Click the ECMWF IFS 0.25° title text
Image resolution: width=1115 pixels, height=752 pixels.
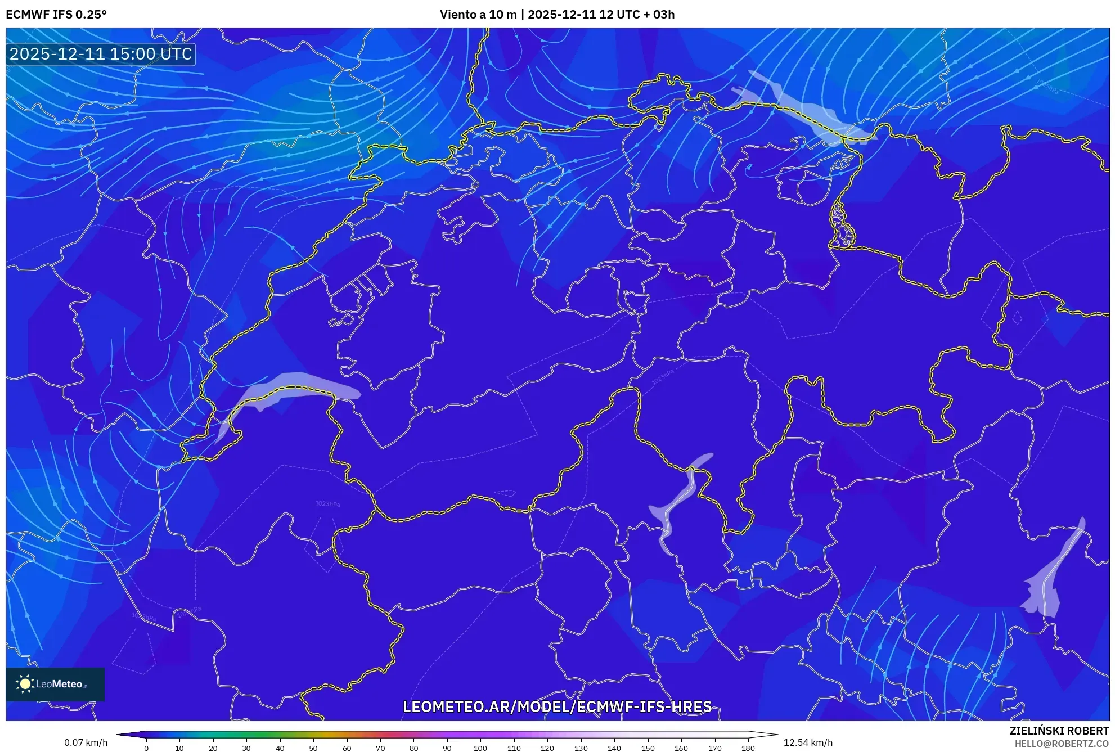[x=56, y=15]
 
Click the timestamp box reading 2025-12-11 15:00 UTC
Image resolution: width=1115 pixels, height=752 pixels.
[x=101, y=54]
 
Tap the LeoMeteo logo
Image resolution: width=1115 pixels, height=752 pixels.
[x=55, y=684]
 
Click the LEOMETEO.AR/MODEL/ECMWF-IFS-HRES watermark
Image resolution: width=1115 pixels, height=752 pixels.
[x=557, y=706]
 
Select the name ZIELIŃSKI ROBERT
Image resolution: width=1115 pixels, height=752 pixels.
[x=1059, y=731]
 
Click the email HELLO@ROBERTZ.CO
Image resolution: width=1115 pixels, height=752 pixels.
[x=1061, y=744]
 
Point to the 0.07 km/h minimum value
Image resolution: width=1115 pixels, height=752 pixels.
[x=86, y=742]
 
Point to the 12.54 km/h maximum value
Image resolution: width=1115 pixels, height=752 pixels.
[x=808, y=742]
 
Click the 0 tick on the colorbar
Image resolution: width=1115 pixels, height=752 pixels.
[x=146, y=748]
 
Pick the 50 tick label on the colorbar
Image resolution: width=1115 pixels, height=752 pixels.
[x=313, y=748]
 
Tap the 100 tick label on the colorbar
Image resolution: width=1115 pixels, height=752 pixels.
[x=480, y=748]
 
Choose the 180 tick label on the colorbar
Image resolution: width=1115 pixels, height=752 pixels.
[x=748, y=748]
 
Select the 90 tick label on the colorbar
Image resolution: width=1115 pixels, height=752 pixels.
[x=447, y=748]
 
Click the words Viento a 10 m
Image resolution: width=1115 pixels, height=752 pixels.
[x=478, y=15]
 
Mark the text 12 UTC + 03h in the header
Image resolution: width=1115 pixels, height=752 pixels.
[x=637, y=15]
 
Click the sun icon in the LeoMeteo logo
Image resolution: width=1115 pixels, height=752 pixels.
[x=25, y=684]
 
